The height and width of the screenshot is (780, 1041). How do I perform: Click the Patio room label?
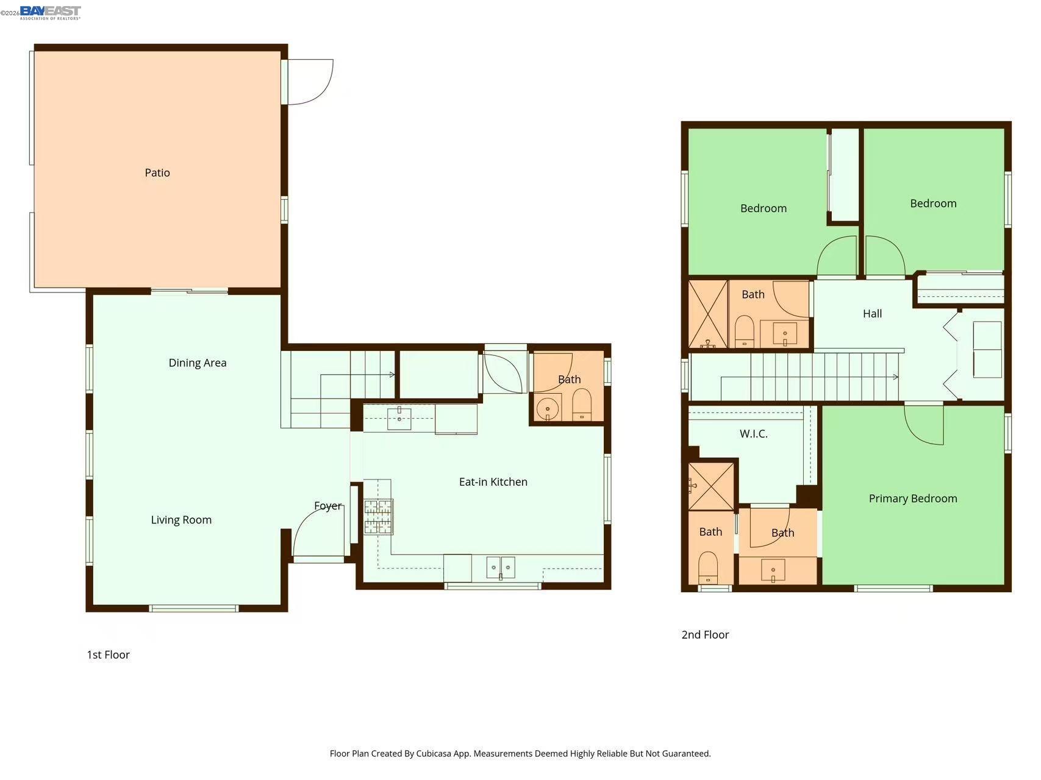click(157, 173)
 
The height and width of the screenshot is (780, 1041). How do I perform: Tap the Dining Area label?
click(198, 363)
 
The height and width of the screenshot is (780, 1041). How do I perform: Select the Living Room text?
click(181, 520)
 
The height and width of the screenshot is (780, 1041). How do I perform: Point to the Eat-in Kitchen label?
click(493, 482)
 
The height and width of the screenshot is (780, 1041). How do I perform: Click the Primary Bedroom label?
click(913, 498)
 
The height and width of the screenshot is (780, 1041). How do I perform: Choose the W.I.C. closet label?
click(754, 434)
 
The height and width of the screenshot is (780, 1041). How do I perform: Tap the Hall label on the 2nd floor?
click(873, 314)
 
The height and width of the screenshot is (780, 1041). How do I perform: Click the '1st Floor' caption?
click(108, 655)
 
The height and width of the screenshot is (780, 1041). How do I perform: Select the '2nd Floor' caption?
click(705, 635)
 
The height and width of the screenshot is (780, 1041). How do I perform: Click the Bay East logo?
click(50, 13)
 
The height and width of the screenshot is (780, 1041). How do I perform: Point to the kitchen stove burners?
click(378, 517)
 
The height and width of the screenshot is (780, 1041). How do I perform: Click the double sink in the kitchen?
click(501, 567)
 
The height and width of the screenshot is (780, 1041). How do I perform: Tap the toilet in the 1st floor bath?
click(582, 405)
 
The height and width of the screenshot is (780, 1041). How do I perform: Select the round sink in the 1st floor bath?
click(548, 409)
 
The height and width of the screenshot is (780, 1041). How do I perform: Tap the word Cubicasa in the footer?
click(433, 754)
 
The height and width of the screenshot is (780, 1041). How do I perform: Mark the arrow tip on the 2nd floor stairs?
click(898, 377)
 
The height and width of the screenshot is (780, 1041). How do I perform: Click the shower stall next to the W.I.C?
click(711, 486)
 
